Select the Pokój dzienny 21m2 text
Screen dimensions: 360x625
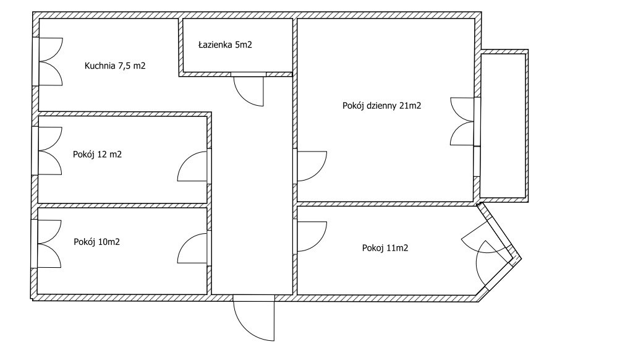[381, 106]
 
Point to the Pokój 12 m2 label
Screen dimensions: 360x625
[97, 155]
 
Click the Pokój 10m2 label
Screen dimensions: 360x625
[96, 242]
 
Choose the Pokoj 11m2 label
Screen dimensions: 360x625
[385, 248]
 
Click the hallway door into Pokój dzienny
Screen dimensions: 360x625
[310, 166]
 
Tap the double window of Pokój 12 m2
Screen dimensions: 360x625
[49, 151]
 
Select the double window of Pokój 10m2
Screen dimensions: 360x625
[49, 244]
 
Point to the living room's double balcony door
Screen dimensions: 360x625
[464, 121]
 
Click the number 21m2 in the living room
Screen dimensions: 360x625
[410, 106]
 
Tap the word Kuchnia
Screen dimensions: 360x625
[100, 66]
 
